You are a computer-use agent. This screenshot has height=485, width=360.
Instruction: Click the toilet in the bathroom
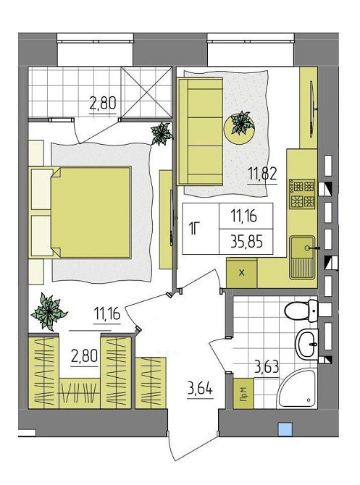tap(301, 311)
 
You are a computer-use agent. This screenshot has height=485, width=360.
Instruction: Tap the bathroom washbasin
tap(306, 344)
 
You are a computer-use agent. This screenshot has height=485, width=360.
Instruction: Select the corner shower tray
tap(298, 388)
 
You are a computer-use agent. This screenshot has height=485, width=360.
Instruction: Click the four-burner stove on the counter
tap(302, 193)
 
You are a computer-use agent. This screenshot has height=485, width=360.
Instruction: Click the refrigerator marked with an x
tap(242, 273)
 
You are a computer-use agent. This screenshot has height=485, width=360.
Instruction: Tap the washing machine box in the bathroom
tap(243, 394)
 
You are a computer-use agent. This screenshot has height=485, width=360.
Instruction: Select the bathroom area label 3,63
tap(267, 367)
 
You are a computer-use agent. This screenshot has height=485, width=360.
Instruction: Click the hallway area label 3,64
tap(200, 389)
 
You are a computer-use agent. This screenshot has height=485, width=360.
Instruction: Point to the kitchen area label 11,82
tap(262, 174)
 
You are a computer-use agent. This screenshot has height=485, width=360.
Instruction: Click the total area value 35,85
tap(247, 242)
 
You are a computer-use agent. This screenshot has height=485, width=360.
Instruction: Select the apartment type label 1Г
tap(194, 229)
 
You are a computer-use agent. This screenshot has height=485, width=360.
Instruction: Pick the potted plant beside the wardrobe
tap(49, 312)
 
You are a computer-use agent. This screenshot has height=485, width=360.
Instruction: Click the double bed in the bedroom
tap(80, 212)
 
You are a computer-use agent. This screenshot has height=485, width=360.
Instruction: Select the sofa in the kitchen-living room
tap(200, 132)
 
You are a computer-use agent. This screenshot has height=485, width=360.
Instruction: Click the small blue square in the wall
tap(285, 430)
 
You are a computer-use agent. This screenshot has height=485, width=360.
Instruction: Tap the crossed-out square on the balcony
tap(147, 92)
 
